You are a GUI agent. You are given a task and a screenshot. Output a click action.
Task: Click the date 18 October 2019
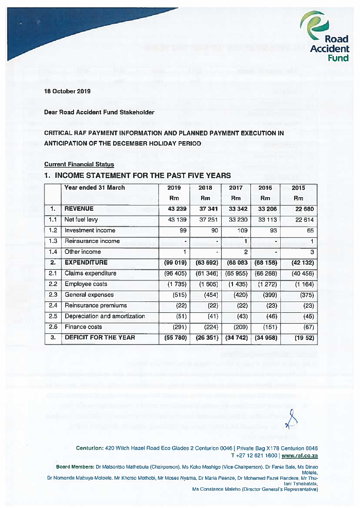[x=67, y=91]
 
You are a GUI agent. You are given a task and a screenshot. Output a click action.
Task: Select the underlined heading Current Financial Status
[x=79, y=164]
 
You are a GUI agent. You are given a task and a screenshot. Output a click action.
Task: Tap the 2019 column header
[x=174, y=188]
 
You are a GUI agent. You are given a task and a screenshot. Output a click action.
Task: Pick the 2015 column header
[x=298, y=188]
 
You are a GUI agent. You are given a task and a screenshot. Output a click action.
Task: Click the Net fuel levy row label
[x=81, y=220]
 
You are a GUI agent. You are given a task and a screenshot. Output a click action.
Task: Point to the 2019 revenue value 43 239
[x=177, y=209]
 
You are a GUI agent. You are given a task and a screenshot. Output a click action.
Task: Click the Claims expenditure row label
[x=90, y=273]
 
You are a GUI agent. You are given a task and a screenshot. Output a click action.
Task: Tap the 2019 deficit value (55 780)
[x=175, y=338]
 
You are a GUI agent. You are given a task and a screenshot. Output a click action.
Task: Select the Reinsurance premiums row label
[x=96, y=305]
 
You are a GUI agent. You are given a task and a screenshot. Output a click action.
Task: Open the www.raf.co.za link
[x=300, y=456]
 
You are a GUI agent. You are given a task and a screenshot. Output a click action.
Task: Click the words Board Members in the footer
[x=75, y=467]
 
